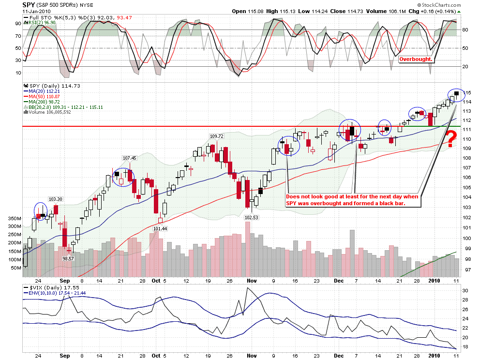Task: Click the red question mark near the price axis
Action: click(450, 139)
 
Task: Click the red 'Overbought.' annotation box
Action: click(416, 60)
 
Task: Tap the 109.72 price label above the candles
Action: click(217, 136)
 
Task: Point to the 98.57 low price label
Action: click(68, 258)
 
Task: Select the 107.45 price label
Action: click(130, 158)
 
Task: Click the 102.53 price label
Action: click(252, 217)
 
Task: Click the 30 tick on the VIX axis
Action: click(465, 290)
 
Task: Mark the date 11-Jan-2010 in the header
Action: click(38, 12)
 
